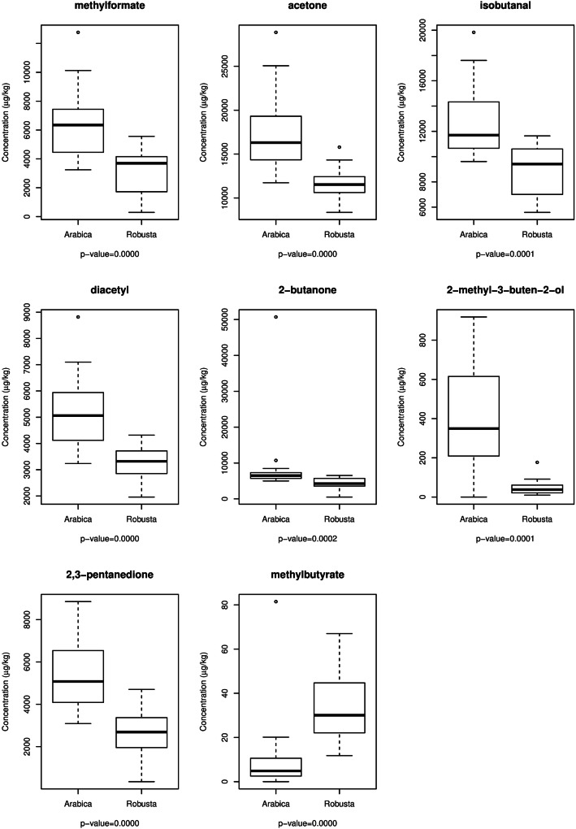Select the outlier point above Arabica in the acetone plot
pyautogui.click(x=275, y=33)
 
